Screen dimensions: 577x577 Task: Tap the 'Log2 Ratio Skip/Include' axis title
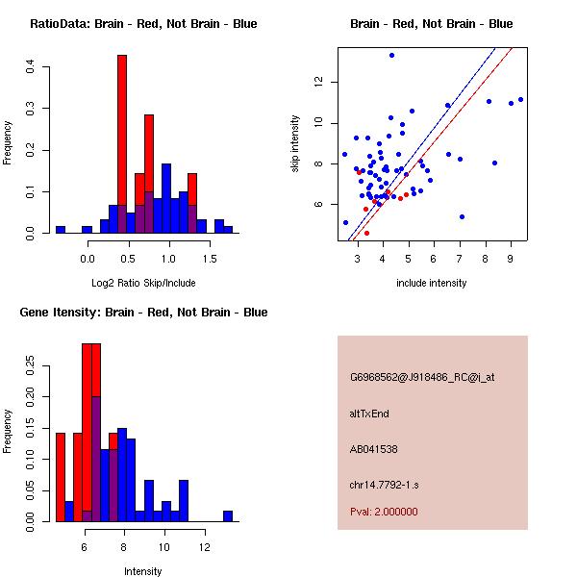[x=143, y=284]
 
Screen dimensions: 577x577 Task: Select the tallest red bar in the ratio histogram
[x=122, y=144]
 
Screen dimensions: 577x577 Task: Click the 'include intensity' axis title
[x=431, y=284]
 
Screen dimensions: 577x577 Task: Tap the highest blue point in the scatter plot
[x=391, y=55]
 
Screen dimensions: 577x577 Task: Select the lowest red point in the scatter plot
[x=366, y=233]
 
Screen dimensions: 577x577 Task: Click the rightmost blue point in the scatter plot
[x=520, y=99]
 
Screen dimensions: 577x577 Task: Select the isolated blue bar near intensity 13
[x=228, y=515]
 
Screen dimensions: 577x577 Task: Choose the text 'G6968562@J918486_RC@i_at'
[x=422, y=378]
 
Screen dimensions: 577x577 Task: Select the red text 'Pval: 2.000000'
[x=384, y=512]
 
